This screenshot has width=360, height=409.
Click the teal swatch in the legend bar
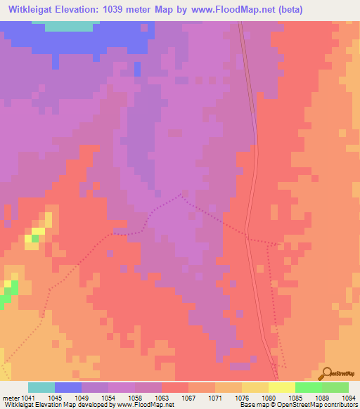[41, 387]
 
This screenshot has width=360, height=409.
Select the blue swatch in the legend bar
[68, 387]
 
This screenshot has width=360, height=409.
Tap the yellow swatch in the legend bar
[281, 387]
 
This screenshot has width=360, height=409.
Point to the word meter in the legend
[10, 398]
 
